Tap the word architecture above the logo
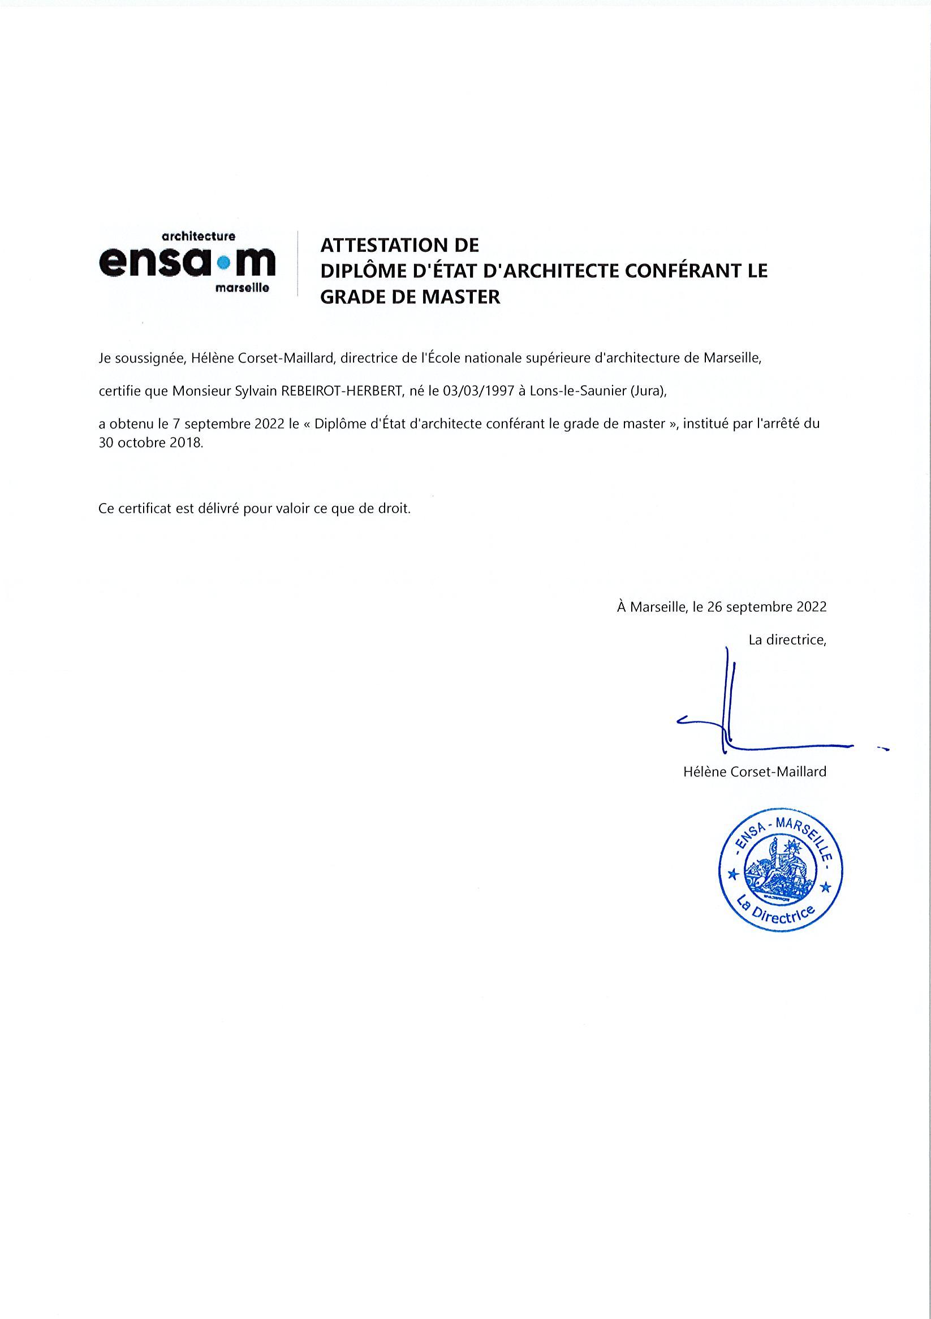[199, 236]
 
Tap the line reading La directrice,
[787, 639]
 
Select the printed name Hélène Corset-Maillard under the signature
[755, 771]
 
